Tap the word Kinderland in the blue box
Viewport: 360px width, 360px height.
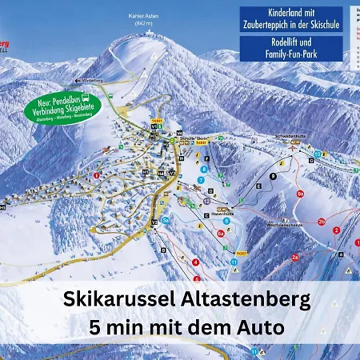coord(270,14)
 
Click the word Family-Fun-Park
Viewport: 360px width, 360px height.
coord(290,57)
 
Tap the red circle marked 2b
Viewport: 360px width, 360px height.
coord(321,221)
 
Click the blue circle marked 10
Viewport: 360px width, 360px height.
coord(318,153)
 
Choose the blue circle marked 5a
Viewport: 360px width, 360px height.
coord(165,220)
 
